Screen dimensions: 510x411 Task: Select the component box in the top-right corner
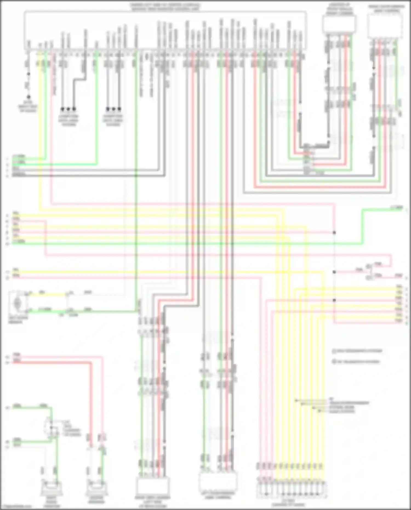(386, 26)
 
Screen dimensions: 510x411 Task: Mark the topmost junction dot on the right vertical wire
(334, 233)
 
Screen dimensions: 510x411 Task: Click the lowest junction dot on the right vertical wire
(334, 300)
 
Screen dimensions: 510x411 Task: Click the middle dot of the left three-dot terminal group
(68, 109)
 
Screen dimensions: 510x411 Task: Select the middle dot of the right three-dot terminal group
(113, 109)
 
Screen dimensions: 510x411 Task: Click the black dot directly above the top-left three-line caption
(28, 97)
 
